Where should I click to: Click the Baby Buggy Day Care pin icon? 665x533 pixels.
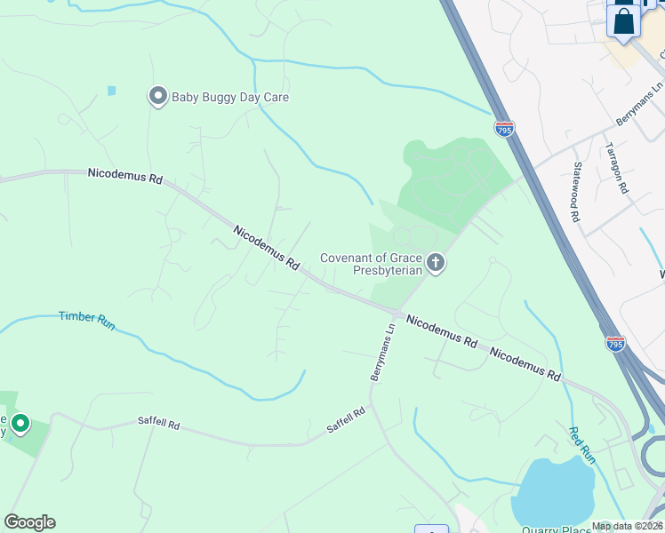[158, 95]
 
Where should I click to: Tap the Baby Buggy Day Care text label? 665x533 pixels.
[230, 97]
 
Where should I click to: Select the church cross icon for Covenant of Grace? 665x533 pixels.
[435, 262]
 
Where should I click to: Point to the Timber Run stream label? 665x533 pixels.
[87, 321]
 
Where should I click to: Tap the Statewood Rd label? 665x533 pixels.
[576, 191]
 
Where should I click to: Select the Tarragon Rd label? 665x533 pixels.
[616, 168]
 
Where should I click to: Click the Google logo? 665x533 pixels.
[29, 522]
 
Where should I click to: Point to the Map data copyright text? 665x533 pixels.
[627, 526]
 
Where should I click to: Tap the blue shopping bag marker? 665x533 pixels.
[624, 20]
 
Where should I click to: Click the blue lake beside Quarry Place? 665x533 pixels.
[552, 492]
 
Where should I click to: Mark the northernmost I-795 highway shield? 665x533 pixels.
[504, 130]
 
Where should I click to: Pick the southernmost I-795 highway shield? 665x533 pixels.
[615, 343]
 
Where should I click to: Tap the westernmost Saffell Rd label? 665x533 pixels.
[158, 426]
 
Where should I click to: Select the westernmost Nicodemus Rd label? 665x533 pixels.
[124, 177]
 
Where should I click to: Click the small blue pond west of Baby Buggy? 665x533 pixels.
[111, 91]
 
